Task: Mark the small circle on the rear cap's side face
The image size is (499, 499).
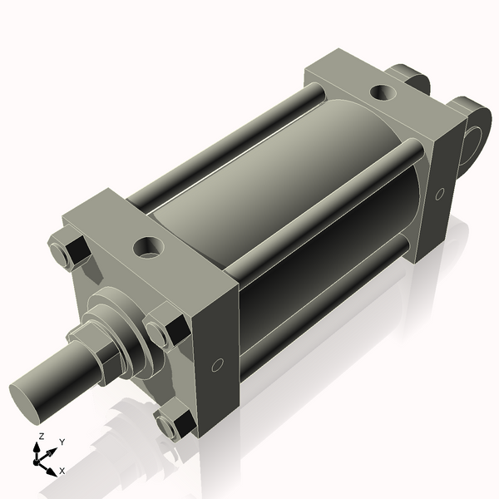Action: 439,194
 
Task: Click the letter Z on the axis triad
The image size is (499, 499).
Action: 42,437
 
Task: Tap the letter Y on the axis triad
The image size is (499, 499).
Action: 63,442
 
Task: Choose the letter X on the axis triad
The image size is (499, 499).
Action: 62,471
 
